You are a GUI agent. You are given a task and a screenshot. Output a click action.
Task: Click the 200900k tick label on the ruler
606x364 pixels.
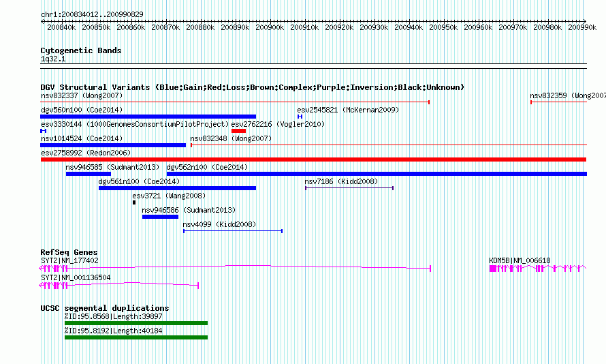click(x=270, y=27)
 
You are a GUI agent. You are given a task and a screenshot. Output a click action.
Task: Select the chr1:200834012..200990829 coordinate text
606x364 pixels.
click(x=92, y=14)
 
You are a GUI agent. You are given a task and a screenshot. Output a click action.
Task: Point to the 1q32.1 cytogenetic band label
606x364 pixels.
click(x=53, y=59)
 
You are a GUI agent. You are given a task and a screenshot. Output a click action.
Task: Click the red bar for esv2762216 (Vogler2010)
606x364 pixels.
click(x=238, y=131)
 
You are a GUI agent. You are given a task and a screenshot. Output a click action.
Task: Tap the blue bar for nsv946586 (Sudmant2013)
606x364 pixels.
click(x=160, y=217)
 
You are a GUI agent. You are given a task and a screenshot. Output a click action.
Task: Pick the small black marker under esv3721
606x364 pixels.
click(x=134, y=202)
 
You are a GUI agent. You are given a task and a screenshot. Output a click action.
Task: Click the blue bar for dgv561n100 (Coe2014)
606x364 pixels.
click(x=178, y=188)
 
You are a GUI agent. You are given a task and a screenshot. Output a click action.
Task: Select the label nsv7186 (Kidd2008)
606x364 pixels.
click(x=341, y=181)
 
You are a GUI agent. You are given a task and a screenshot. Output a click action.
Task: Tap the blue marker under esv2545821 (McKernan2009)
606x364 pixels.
click(x=300, y=117)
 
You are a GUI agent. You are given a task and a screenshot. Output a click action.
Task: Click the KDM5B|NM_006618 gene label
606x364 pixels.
click(x=520, y=260)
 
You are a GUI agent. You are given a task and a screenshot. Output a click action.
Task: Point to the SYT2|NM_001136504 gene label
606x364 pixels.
click(x=76, y=277)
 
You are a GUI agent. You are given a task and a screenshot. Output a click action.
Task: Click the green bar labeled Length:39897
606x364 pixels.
click(x=136, y=323)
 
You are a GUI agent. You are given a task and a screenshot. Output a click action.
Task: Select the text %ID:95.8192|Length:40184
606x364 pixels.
click(x=114, y=331)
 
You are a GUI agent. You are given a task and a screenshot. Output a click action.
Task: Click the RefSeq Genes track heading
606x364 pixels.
click(x=69, y=252)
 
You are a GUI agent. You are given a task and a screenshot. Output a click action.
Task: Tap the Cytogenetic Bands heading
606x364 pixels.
click(x=81, y=50)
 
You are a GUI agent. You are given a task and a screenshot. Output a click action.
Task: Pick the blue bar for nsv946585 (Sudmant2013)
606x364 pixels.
click(x=89, y=174)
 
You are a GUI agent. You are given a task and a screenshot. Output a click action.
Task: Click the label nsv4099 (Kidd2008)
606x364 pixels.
click(x=219, y=224)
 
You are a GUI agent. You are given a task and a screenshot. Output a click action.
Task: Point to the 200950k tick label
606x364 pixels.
click(x=443, y=27)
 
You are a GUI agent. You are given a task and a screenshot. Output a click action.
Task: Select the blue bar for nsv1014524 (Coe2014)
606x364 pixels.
click(x=113, y=145)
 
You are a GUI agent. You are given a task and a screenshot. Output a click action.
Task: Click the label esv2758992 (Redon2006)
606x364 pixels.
click(x=86, y=153)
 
